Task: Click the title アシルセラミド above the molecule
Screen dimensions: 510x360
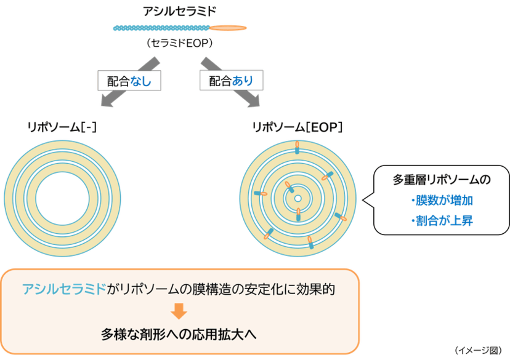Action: (x=179, y=11)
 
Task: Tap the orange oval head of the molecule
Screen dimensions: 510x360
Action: (x=228, y=28)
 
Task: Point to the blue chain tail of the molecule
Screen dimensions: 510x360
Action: (x=161, y=28)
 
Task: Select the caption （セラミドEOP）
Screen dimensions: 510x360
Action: (x=179, y=43)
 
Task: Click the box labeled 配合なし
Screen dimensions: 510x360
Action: (x=129, y=81)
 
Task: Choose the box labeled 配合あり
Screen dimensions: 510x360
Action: (x=231, y=80)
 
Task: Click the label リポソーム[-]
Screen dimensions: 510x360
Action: (x=62, y=127)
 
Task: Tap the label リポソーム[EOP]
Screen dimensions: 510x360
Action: (x=297, y=127)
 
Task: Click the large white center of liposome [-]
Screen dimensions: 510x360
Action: (x=62, y=198)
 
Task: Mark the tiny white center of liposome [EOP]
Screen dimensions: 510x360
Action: (x=298, y=199)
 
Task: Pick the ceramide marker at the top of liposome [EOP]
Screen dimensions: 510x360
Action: (x=297, y=148)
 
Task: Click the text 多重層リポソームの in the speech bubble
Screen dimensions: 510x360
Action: (x=442, y=179)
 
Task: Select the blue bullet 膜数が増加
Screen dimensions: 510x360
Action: (x=442, y=201)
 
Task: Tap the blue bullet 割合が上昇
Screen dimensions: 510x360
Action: (x=442, y=221)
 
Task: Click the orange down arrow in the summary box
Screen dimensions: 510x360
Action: (x=179, y=311)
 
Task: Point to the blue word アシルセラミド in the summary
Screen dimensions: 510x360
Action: (x=64, y=289)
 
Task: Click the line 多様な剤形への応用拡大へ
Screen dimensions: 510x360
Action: (x=179, y=334)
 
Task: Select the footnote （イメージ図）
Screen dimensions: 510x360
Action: (x=478, y=350)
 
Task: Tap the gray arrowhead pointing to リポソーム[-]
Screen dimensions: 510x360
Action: (x=107, y=101)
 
